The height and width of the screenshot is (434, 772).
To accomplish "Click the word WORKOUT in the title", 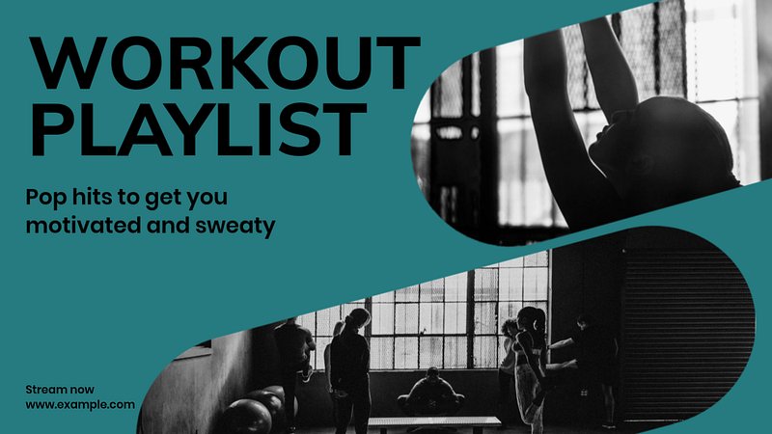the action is (225, 63).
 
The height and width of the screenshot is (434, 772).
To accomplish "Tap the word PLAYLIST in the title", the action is (199, 129).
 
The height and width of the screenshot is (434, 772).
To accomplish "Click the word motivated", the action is (83, 226).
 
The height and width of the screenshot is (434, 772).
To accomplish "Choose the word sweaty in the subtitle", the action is (234, 227).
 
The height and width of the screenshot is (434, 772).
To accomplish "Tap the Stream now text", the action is (60, 390).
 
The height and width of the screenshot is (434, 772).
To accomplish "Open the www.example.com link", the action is (80, 405).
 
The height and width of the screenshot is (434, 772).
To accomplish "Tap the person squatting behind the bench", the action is (431, 392).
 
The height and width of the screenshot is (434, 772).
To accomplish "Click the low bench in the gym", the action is (433, 422).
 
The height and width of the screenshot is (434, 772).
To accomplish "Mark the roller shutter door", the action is (687, 335).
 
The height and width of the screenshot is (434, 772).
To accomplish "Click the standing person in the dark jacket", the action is (350, 370).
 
